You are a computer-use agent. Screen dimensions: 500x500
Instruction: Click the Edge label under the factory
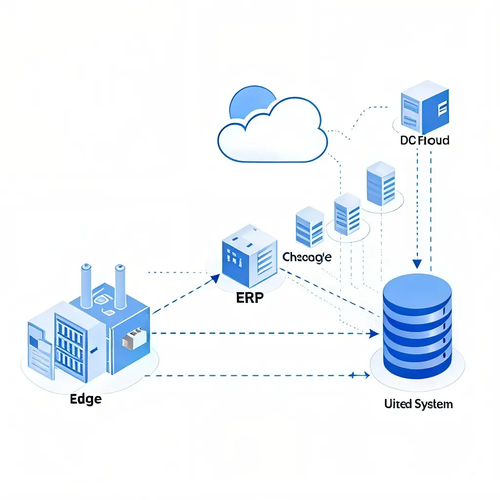[x=86, y=398]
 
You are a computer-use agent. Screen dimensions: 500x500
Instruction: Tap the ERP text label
[x=250, y=298]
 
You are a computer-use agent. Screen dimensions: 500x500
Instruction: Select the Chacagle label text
[x=307, y=257]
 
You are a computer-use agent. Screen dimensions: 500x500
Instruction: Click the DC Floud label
[x=424, y=141]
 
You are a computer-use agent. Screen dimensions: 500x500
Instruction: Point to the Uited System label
[x=418, y=404]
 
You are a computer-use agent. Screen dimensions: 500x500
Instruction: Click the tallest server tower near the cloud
[x=381, y=184]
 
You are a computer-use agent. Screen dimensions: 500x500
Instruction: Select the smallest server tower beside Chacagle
[x=310, y=227]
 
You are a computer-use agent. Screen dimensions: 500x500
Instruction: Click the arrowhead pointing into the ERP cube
[x=216, y=278]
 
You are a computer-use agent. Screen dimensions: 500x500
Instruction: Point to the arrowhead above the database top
[x=417, y=264]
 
